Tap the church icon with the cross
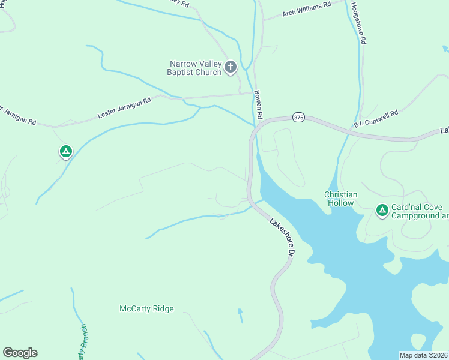pyautogui.click(x=231, y=68)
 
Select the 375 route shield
pyautogui.click(x=299, y=118)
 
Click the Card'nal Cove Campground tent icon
pyautogui.click(x=381, y=210)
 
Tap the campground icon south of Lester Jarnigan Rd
pyautogui.click(x=65, y=151)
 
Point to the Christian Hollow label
pyautogui.click(x=341, y=199)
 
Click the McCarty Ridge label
pyautogui.click(x=146, y=308)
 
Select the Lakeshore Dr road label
pyautogui.click(x=281, y=237)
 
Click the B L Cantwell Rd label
pyautogui.click(x=376, y=119)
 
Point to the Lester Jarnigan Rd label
pyautogui.click(x=124, y=109)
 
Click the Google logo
pyautogui.click(x=20, y=353)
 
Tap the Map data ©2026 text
pyautogui.click(x=423, y=355)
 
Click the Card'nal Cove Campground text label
pyautogui.click(x=420, y=211)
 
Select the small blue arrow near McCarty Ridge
pyautogui.click(x=241, y=314)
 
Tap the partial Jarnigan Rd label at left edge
pyautogui.click(x=17, y=116)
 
